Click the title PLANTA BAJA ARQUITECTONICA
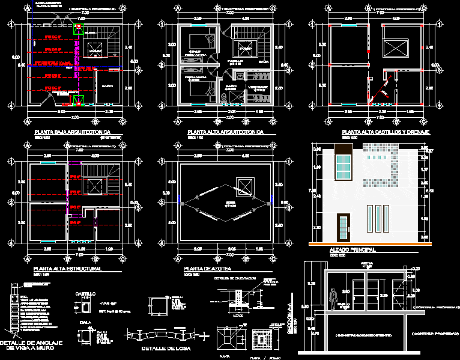[71, 131]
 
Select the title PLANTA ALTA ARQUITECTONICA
[225, 131]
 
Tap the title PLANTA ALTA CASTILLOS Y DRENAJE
[381, 131]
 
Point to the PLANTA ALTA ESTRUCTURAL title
[67, 269]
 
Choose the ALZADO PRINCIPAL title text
[353, 249]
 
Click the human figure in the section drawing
[331, 299]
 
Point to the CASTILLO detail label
[85, 294]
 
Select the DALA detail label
[85, 323]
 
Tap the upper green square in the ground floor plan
[77, 28]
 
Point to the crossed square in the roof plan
[244, 185]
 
